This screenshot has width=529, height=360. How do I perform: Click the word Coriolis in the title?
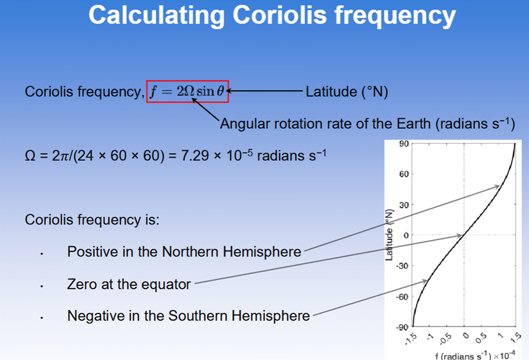[280, 15]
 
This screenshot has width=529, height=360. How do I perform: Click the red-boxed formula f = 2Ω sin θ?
[187, 91]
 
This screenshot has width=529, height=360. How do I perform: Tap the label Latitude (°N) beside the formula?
[347, 92]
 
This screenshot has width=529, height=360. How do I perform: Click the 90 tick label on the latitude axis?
[404, 143]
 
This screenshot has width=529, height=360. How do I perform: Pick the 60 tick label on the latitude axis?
[404, 174]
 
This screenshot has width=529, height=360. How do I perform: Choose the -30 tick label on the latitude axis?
[402, 266]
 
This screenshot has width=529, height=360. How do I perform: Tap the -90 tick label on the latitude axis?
[402, 327]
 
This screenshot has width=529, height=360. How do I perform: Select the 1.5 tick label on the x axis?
[517, 337]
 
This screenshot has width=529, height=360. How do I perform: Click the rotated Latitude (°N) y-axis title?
[389, 235]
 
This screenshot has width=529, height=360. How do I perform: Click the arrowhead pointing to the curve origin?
[458, 236]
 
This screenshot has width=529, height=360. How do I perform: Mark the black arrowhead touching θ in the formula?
[228, 91]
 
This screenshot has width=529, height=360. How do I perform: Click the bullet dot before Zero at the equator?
[42, 286]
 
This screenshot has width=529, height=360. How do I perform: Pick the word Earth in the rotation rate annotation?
[414, 124]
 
